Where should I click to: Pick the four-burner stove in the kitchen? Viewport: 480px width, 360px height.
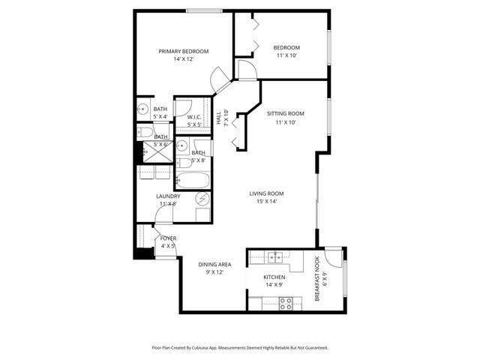pos(285,303)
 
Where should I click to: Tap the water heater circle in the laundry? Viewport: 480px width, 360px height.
pos(202,199)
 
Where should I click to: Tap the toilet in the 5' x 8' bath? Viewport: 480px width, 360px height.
pos(184,161)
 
